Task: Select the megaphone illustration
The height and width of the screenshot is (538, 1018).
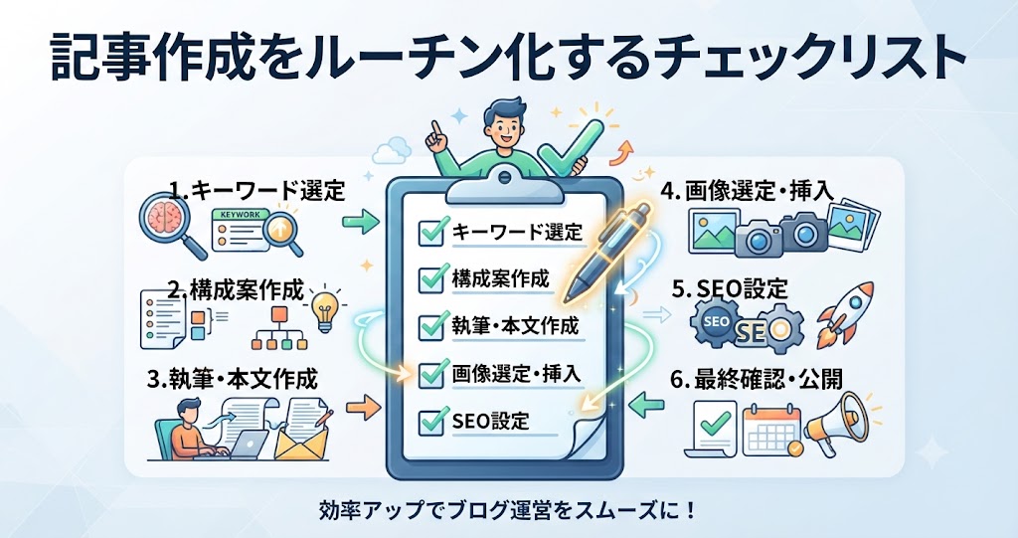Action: coord(837,425)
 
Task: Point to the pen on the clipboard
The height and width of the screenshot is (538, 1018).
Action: coord(607,253)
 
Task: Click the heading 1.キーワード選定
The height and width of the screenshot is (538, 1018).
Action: coord(257,190)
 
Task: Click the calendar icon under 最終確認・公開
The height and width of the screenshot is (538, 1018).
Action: coord(770,429)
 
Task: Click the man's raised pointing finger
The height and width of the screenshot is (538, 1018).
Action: coord(436,130)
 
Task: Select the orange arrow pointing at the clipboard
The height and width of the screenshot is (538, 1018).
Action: coord(363,407)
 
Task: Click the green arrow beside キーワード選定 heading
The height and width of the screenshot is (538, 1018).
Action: coord(361,222)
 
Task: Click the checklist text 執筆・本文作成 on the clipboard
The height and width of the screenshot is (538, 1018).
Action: coord(515,325)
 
